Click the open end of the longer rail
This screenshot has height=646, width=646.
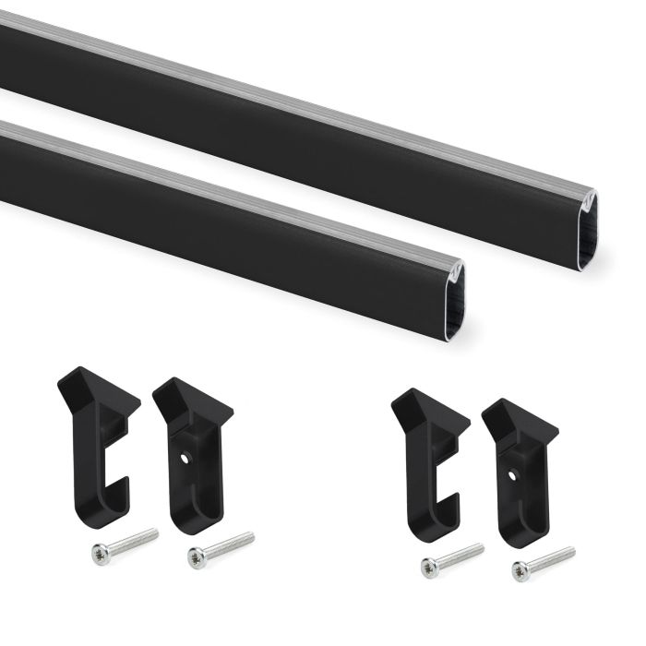coord(587,231)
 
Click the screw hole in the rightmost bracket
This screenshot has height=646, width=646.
coord(513,475)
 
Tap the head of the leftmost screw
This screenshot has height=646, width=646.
coord(100,553)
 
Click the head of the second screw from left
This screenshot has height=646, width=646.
coord(196,556)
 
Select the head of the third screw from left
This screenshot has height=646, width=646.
coord(429,568)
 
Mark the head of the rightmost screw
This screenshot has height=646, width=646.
coord(522,571)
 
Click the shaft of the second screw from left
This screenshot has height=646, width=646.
coord(226,545)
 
